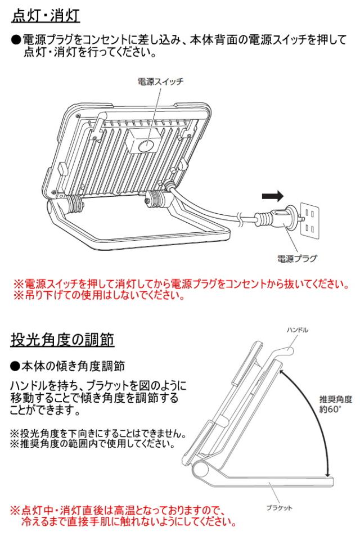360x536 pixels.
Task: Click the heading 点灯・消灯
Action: pos(46,16)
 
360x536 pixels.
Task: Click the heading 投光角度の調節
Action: pos(62,340)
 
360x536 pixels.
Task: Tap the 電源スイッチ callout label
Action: pos(160,82)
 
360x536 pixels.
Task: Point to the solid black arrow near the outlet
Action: pos(273,196)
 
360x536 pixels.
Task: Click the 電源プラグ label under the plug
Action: pos(297,259)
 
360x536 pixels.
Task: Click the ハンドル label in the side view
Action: pos(298,330)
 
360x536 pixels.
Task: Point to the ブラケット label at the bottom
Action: pos(280,508)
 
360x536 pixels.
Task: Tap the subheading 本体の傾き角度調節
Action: pos(67,366)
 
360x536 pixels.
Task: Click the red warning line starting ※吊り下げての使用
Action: pos(99,295)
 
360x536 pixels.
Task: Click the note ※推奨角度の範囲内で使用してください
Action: pos(92,444)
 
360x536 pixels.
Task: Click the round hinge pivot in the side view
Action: pos(201,467)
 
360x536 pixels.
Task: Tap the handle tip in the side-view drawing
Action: pos(291,350)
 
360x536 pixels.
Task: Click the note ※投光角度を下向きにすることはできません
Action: pos(98,433)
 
